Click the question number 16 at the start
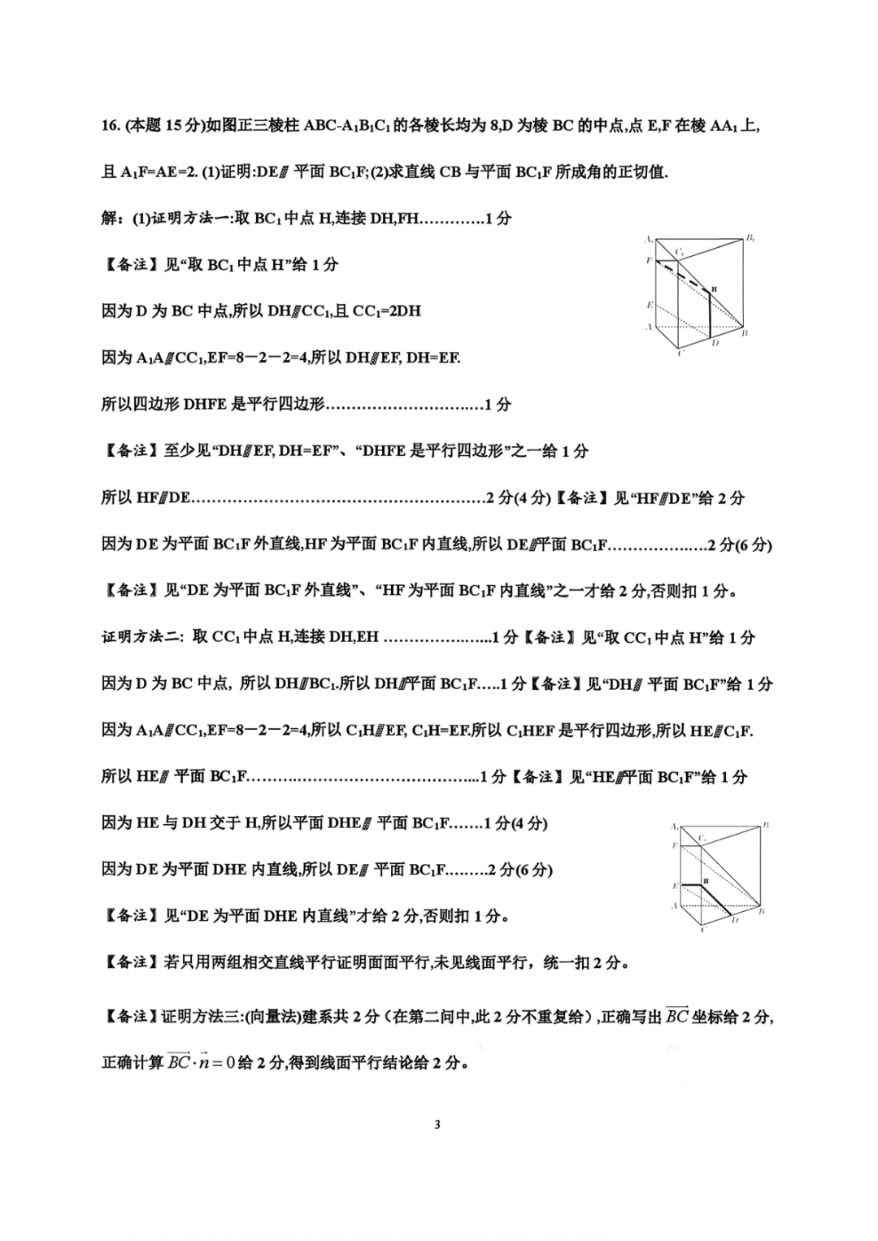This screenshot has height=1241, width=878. coord(110,125)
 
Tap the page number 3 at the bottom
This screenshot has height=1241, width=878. coord(437,1125)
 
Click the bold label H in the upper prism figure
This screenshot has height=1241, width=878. coord(715,288)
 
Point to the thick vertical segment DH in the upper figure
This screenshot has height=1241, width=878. coord(710,314)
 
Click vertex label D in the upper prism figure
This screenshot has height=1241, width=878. coord(715,343)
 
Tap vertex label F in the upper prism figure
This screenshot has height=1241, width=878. coord(649,260)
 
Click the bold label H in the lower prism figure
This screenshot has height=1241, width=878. coord(706,880)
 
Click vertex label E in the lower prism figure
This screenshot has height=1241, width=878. coord(675,885)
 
